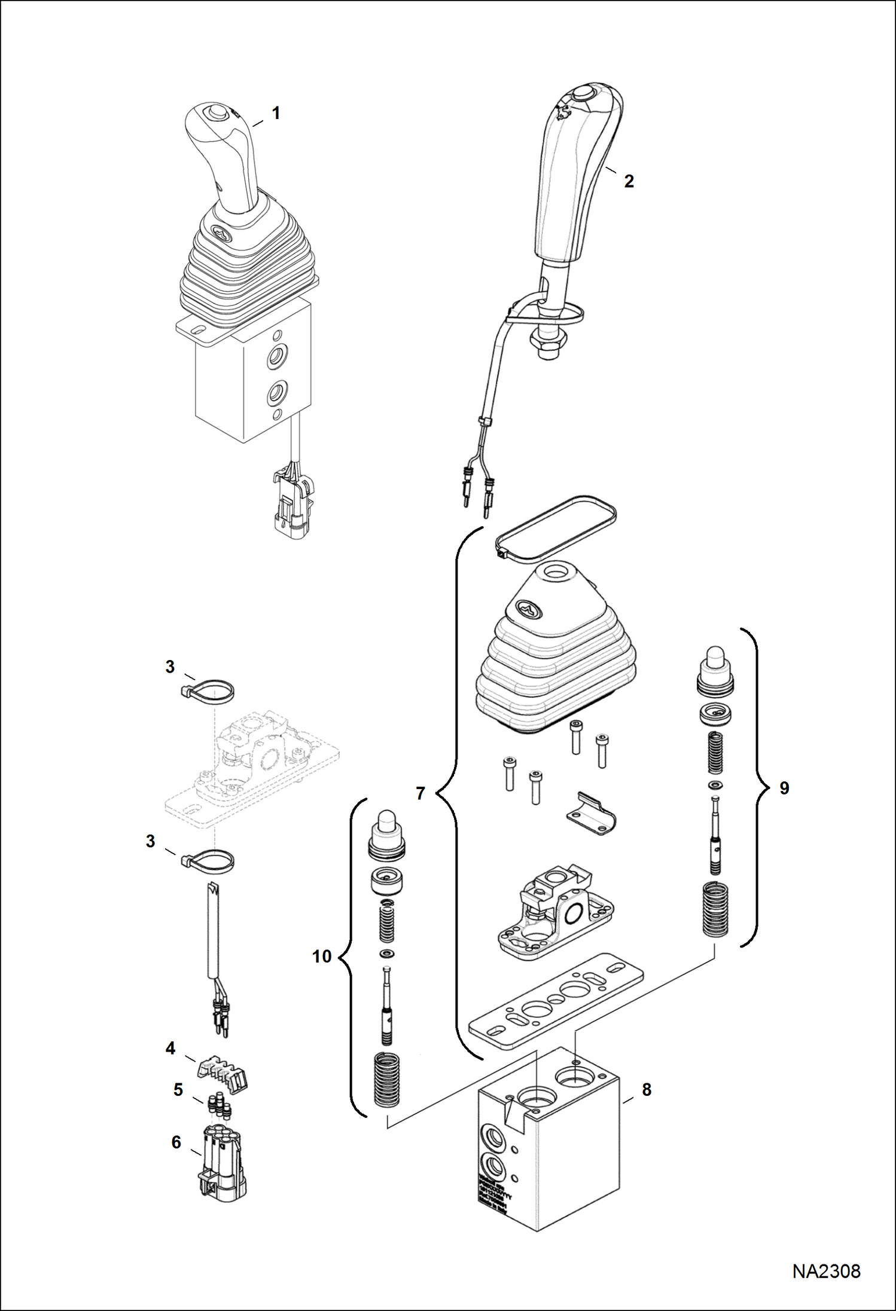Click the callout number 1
[276, 113]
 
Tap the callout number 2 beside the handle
[629, 181]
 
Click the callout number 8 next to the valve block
[647, 1090]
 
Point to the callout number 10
[322, 956]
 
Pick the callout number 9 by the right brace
[784, 788]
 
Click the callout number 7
[420, 793]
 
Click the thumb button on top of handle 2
[581, 94]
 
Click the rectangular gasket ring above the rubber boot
[556, 529]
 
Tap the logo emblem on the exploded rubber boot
[529, 609]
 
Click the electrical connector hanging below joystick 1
[292, 499]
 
